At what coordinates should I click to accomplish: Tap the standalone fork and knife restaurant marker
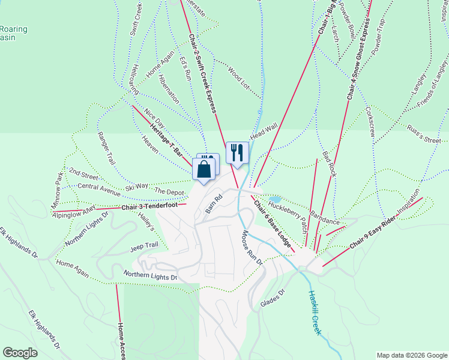click(237, 152)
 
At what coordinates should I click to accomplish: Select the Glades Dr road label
click(272, 299)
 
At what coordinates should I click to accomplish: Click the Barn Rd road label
click(214, 203)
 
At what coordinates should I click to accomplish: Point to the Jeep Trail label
click(143, 246)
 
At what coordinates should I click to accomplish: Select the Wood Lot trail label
click(238, 79)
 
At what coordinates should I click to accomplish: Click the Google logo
click(20, 353)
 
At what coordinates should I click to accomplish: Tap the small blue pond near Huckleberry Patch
click(274, 199)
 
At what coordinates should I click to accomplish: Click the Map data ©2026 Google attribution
click(411, 355)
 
